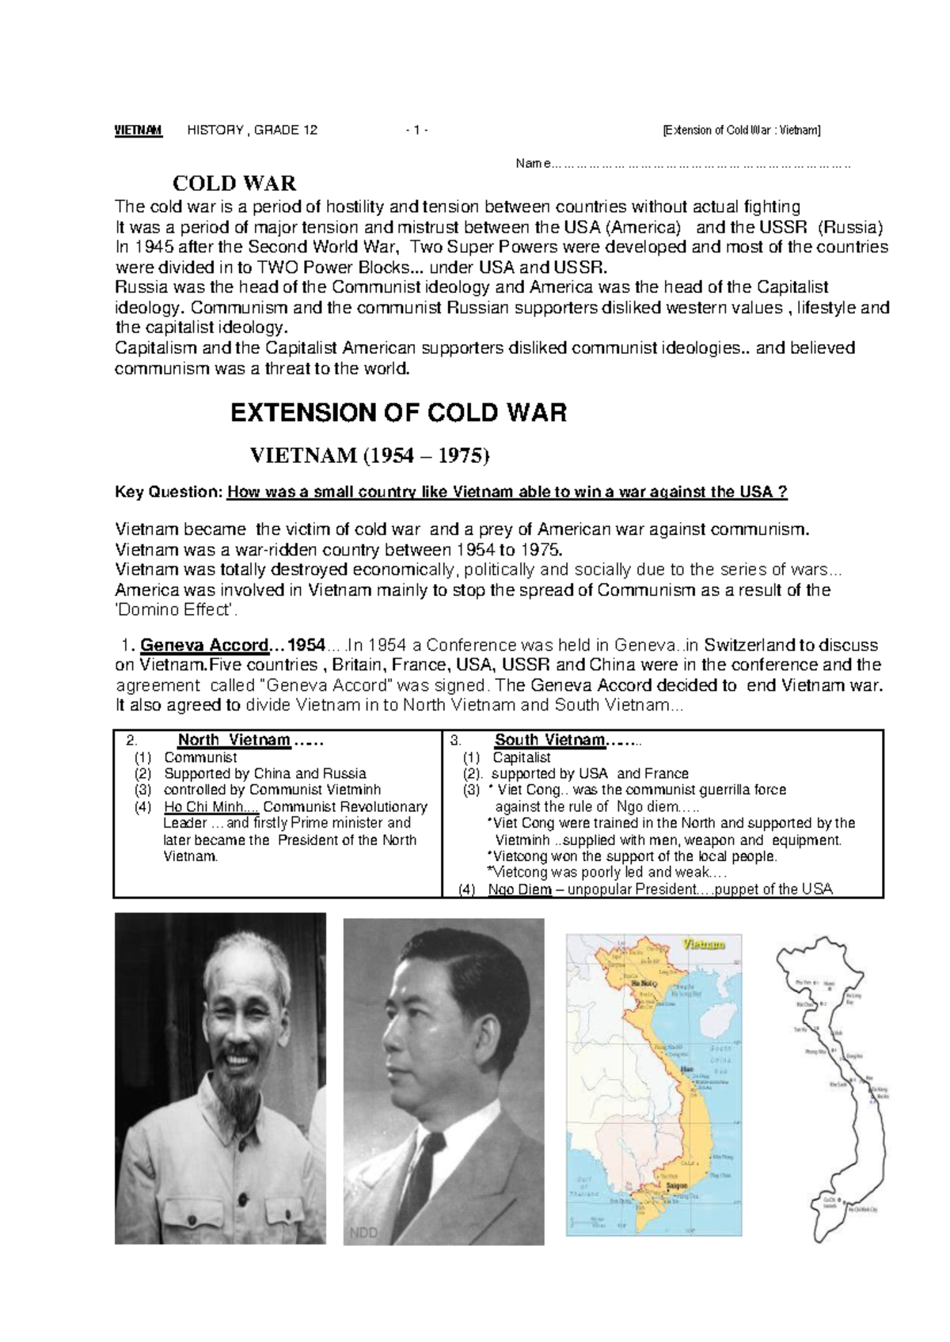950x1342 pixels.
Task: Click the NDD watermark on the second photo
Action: (364, 1233)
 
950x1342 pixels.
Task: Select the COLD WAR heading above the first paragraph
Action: (234, 184)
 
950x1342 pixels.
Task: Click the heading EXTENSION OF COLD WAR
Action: (397, 413)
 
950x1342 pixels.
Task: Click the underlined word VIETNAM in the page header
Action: (139, 131)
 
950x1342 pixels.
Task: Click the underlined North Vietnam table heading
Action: (234, 741)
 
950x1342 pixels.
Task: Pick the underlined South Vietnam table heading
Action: (549, 741)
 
